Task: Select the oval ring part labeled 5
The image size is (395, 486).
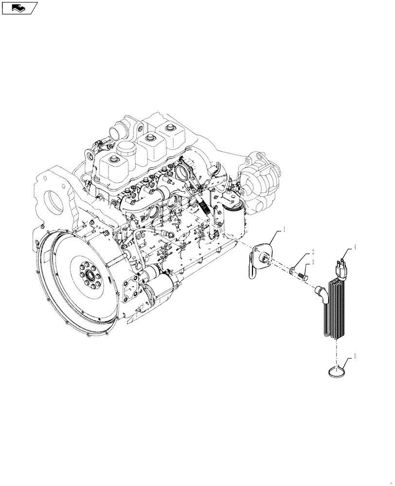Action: (x=336, y=371)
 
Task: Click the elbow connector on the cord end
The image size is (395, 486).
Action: (x=321, y=293)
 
